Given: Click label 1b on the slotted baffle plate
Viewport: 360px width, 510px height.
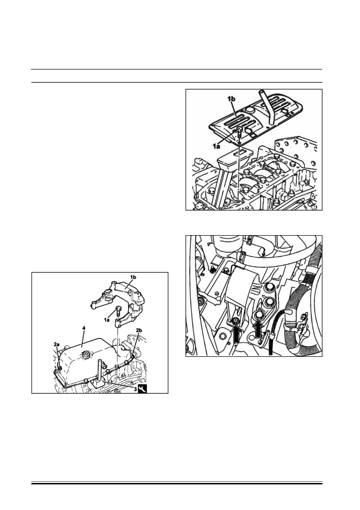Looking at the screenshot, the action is point(231,99).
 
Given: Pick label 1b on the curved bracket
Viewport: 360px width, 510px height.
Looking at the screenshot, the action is point(133,277).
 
